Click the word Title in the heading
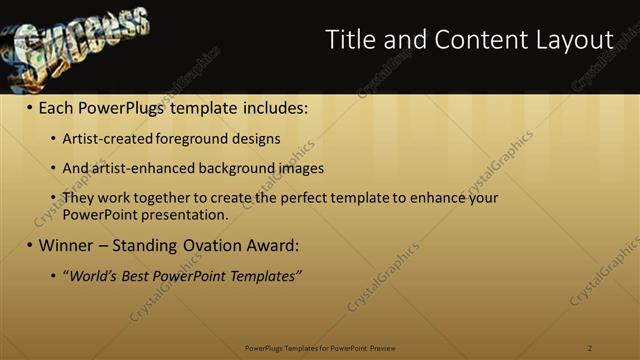[351, 39]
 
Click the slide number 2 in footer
[590, 348]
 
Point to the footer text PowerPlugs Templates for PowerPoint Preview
[320, 348]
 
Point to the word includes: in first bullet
[269, 105]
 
